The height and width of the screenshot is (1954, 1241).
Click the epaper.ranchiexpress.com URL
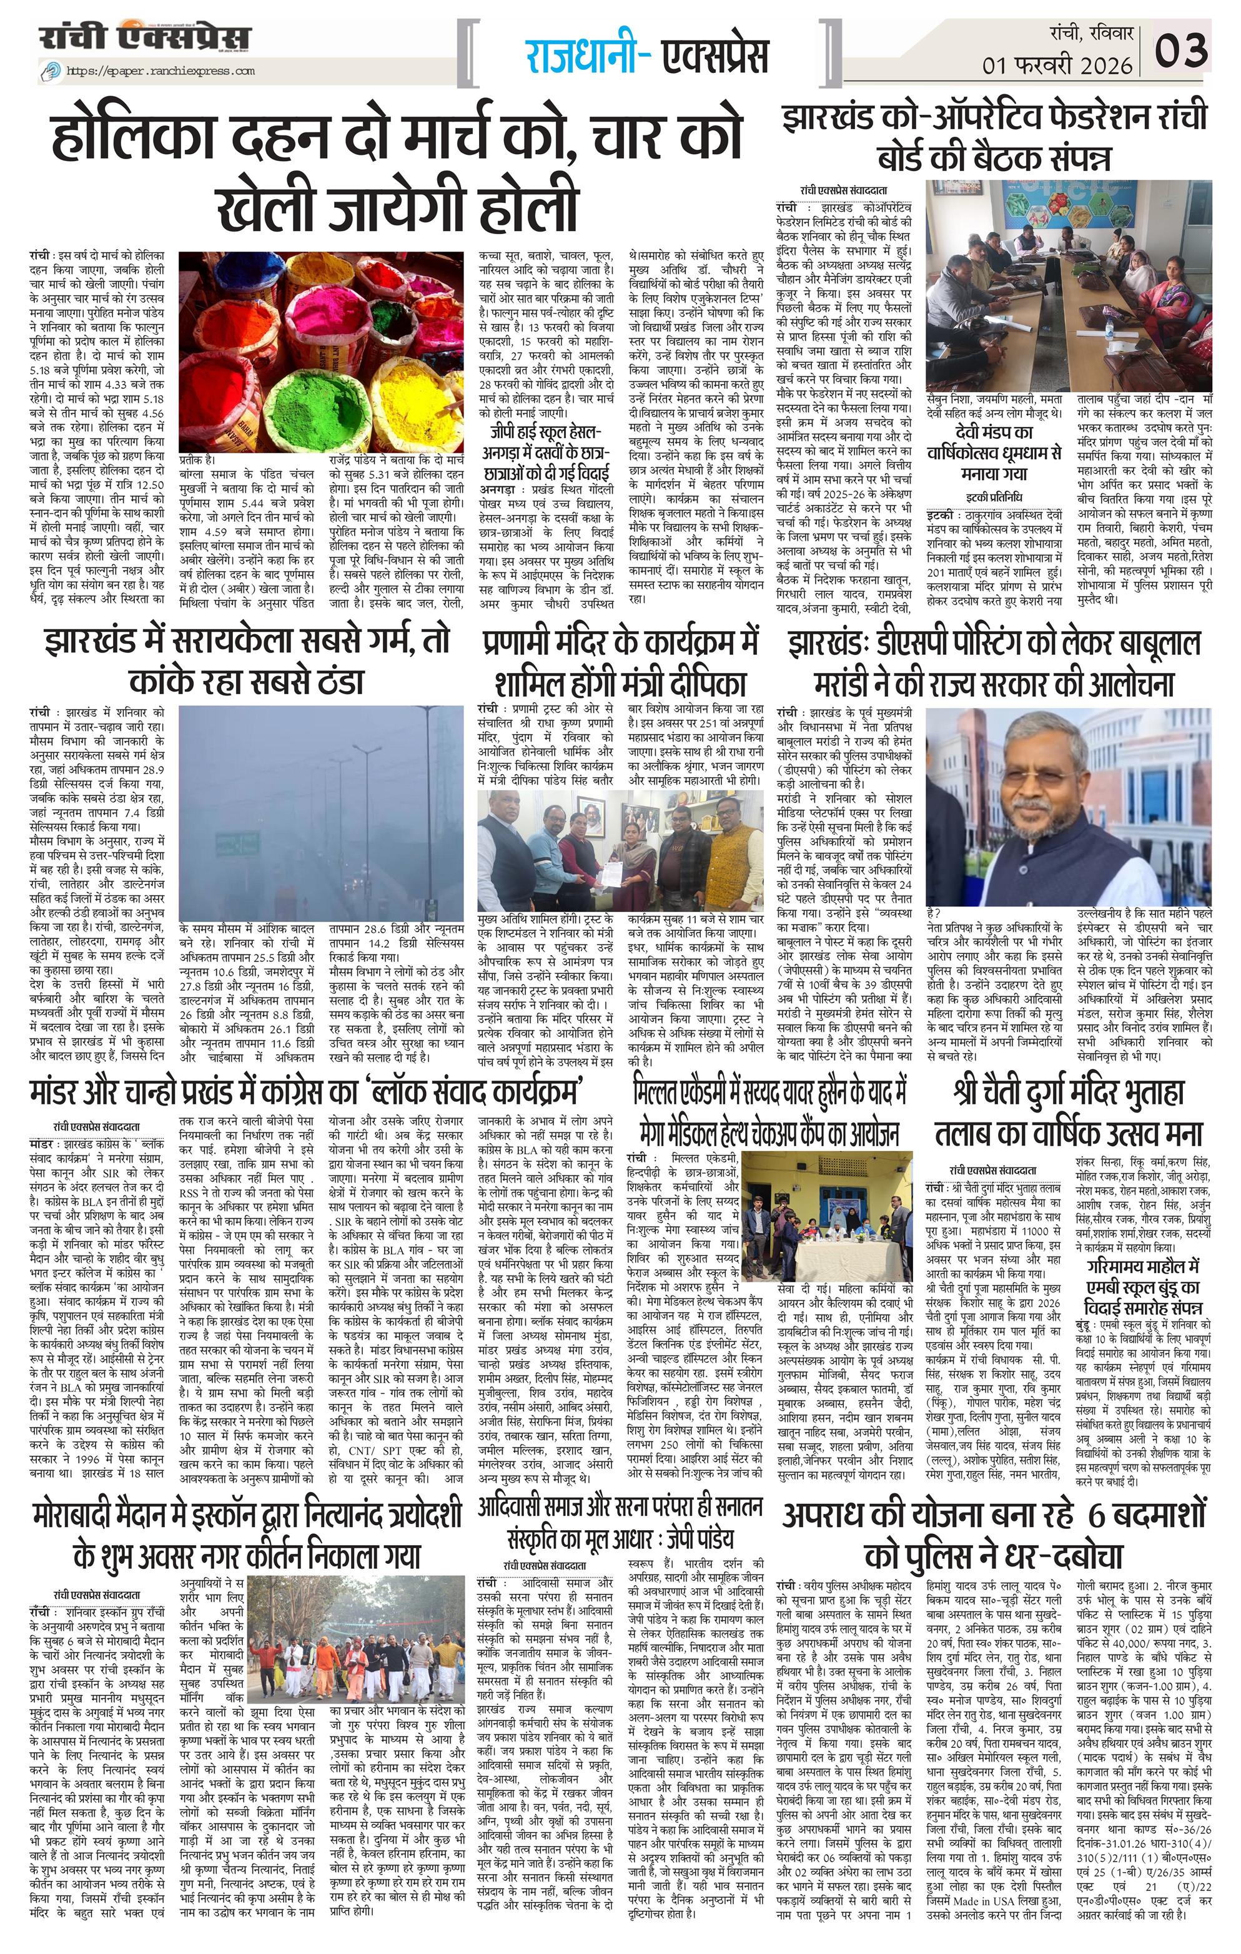pos(159,71)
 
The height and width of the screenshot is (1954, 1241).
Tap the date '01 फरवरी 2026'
pos(1057,65)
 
